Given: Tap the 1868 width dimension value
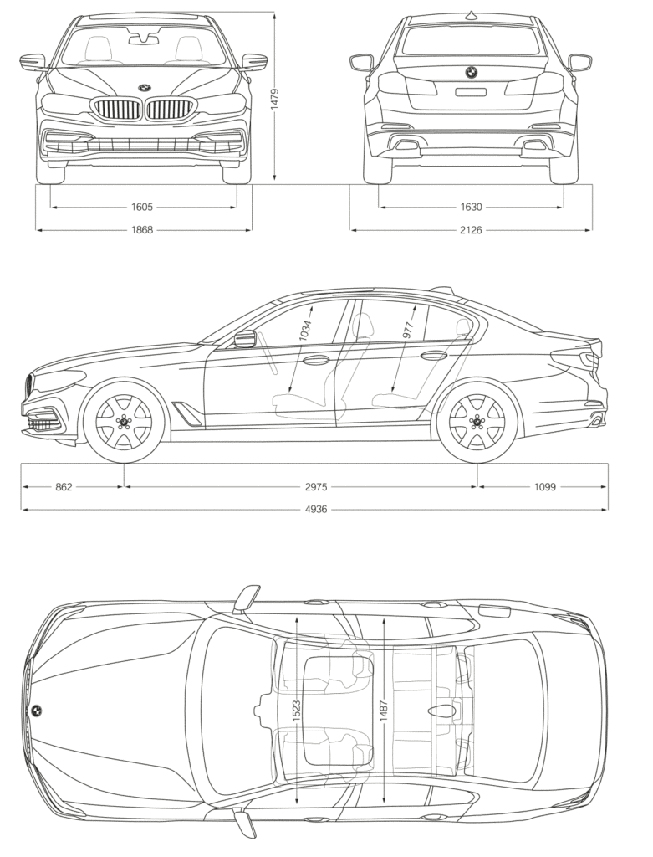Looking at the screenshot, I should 143,229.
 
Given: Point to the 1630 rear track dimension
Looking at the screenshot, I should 471,207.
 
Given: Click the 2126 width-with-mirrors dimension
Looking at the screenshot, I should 471,229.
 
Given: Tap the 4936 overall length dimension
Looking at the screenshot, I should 315,509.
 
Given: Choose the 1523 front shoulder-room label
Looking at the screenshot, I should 297,710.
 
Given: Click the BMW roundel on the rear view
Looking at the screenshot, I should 471,73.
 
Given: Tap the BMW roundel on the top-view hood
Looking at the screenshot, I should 37,711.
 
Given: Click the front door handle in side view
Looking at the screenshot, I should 316,361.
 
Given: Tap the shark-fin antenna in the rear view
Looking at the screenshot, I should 471,14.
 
